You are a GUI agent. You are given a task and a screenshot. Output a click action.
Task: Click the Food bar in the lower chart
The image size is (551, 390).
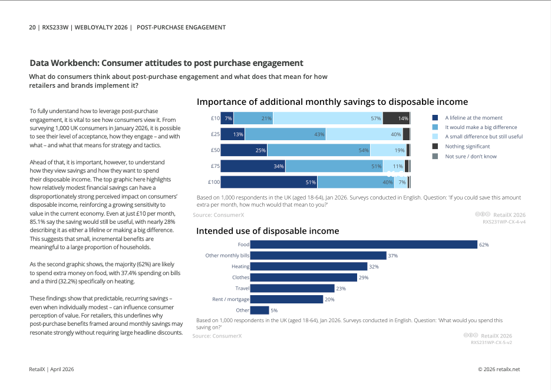click(364, 244)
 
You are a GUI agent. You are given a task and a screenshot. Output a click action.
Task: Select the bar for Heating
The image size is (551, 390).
click(309, 267)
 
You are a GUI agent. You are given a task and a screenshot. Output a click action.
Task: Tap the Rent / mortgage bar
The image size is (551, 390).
click(286, 299)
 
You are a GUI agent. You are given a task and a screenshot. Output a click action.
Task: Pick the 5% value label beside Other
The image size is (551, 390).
click(274, 310)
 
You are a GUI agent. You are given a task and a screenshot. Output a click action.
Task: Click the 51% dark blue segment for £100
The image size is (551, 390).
click(269, 182)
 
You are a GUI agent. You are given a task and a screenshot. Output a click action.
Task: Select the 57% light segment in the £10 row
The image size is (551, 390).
click(328, 118)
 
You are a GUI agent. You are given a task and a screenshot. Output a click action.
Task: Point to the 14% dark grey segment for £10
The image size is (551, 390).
click(396, 118)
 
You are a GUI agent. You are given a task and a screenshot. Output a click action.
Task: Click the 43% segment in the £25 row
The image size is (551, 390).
click(285, 134)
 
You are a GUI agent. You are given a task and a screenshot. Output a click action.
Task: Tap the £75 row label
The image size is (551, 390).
click(215, 166)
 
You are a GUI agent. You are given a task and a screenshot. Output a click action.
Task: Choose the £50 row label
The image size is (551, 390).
click(215, 150)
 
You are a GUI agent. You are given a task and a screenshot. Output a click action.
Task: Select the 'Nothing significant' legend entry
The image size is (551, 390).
click(461, 147)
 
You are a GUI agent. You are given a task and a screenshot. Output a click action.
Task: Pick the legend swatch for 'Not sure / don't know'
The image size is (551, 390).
click(435, 156)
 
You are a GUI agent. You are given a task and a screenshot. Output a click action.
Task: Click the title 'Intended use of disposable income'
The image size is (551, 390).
click(268, 231)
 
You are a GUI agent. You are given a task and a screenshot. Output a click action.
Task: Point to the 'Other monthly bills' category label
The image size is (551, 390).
click(227, 256)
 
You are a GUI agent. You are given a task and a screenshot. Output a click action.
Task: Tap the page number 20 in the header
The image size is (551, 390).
click(32, 28)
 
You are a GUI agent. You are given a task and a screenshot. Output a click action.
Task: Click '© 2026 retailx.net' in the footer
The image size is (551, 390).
click(499, 369)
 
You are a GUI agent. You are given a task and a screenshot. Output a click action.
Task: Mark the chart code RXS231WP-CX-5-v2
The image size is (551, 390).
click(491, 342)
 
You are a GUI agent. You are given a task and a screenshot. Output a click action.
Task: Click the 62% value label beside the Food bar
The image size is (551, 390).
click(484, 245)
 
